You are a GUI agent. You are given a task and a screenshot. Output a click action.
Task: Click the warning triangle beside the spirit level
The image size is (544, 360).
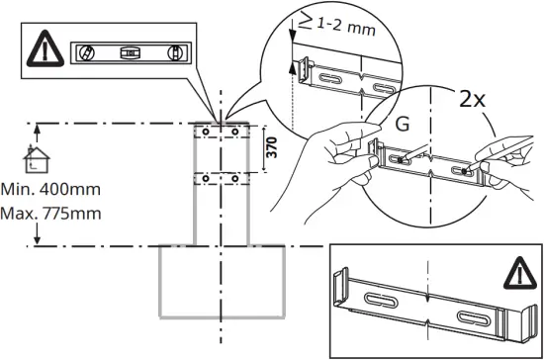45,47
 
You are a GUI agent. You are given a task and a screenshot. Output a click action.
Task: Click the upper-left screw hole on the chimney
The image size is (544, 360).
204,131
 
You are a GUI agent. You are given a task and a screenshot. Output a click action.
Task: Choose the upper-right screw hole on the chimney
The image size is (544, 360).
234,131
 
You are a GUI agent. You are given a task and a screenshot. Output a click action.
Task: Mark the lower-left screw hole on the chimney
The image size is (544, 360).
204,177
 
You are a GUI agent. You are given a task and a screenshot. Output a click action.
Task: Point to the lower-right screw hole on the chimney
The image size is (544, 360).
234,177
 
